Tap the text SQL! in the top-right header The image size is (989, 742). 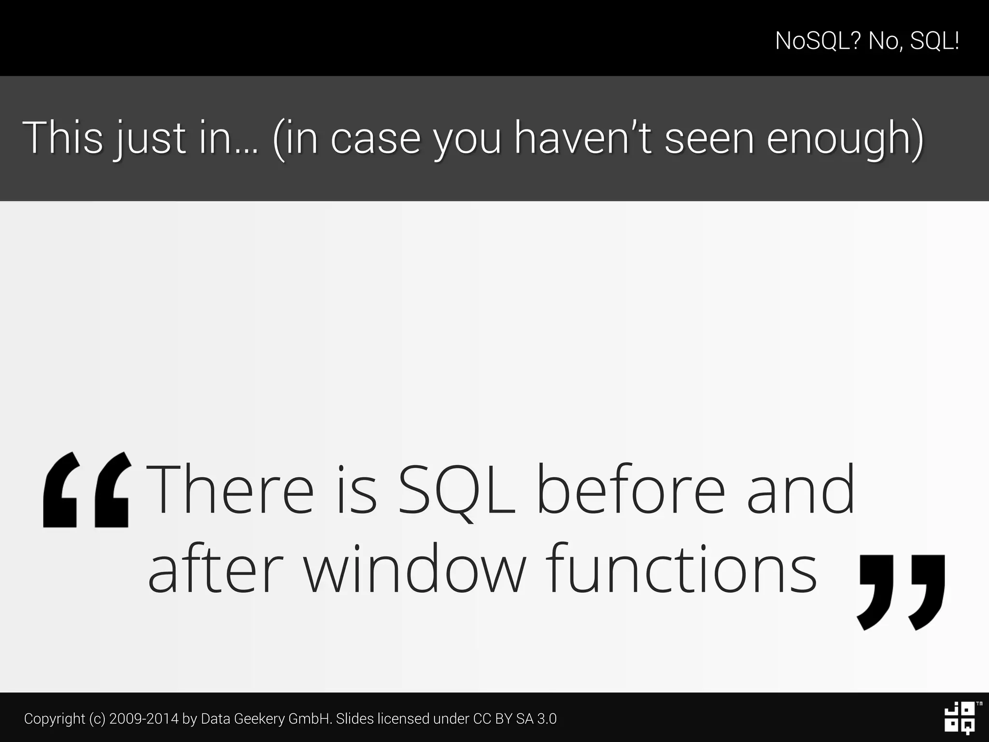point(934,41)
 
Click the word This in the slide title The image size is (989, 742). point(63,138)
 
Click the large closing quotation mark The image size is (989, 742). point(901,592)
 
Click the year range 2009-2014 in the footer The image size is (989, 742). point(144,719)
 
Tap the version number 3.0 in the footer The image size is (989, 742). point(547,719)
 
